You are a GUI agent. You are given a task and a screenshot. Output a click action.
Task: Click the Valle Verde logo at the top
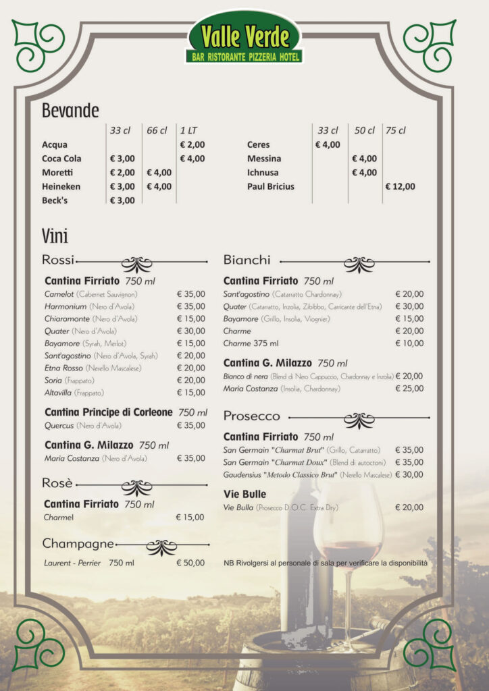[244, 38]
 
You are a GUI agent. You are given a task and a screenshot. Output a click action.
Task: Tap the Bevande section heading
[70, 111]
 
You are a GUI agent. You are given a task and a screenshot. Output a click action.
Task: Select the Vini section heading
[55, 236]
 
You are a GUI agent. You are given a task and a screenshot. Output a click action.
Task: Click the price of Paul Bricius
[400, 186]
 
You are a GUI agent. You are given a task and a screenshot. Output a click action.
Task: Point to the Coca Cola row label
[61, 159]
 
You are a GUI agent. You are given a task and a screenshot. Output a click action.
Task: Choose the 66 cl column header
[157, 130]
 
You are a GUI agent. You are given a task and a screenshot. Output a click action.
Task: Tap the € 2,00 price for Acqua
[192, 144]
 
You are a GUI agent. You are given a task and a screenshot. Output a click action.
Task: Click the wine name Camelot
[59, 294]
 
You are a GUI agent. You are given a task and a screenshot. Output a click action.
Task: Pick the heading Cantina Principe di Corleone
[109, 412]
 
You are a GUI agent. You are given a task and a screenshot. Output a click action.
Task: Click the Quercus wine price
[190, 425]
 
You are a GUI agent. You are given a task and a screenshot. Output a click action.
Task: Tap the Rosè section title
[57, 483]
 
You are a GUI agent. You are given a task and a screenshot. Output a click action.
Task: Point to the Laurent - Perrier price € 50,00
[190, 563]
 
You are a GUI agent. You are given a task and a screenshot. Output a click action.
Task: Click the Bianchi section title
[247, 260]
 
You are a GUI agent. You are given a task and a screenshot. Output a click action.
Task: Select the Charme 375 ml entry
[247, 343]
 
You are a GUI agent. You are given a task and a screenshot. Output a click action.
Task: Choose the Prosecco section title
[251, 416]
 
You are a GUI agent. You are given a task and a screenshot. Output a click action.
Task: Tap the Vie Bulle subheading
[244, 495]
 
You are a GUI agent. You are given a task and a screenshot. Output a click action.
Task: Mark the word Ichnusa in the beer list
[263, 173]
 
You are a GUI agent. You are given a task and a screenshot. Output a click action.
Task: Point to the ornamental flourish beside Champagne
[161, 547]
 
